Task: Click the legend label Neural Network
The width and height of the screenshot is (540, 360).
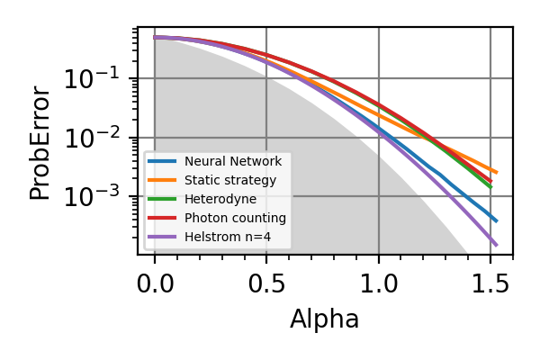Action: [233, 161]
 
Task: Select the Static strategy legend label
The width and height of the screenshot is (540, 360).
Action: [229, 180]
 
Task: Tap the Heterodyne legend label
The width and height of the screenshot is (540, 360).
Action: [220, 199]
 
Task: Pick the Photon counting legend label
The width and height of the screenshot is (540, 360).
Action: [235, 218]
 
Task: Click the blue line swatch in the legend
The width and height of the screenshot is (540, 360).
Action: [163, 161]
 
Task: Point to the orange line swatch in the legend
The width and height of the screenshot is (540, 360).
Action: [163, 180]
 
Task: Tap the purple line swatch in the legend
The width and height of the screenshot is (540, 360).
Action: [163, 237]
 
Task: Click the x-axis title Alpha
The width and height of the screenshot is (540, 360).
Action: [324, 319]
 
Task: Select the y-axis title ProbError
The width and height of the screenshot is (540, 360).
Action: [40, 142]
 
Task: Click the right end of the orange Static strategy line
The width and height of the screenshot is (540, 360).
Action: [497, 172]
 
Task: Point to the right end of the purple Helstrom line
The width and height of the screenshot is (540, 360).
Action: [497, 245]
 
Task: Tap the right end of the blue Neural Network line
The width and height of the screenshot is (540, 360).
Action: [497, 220]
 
